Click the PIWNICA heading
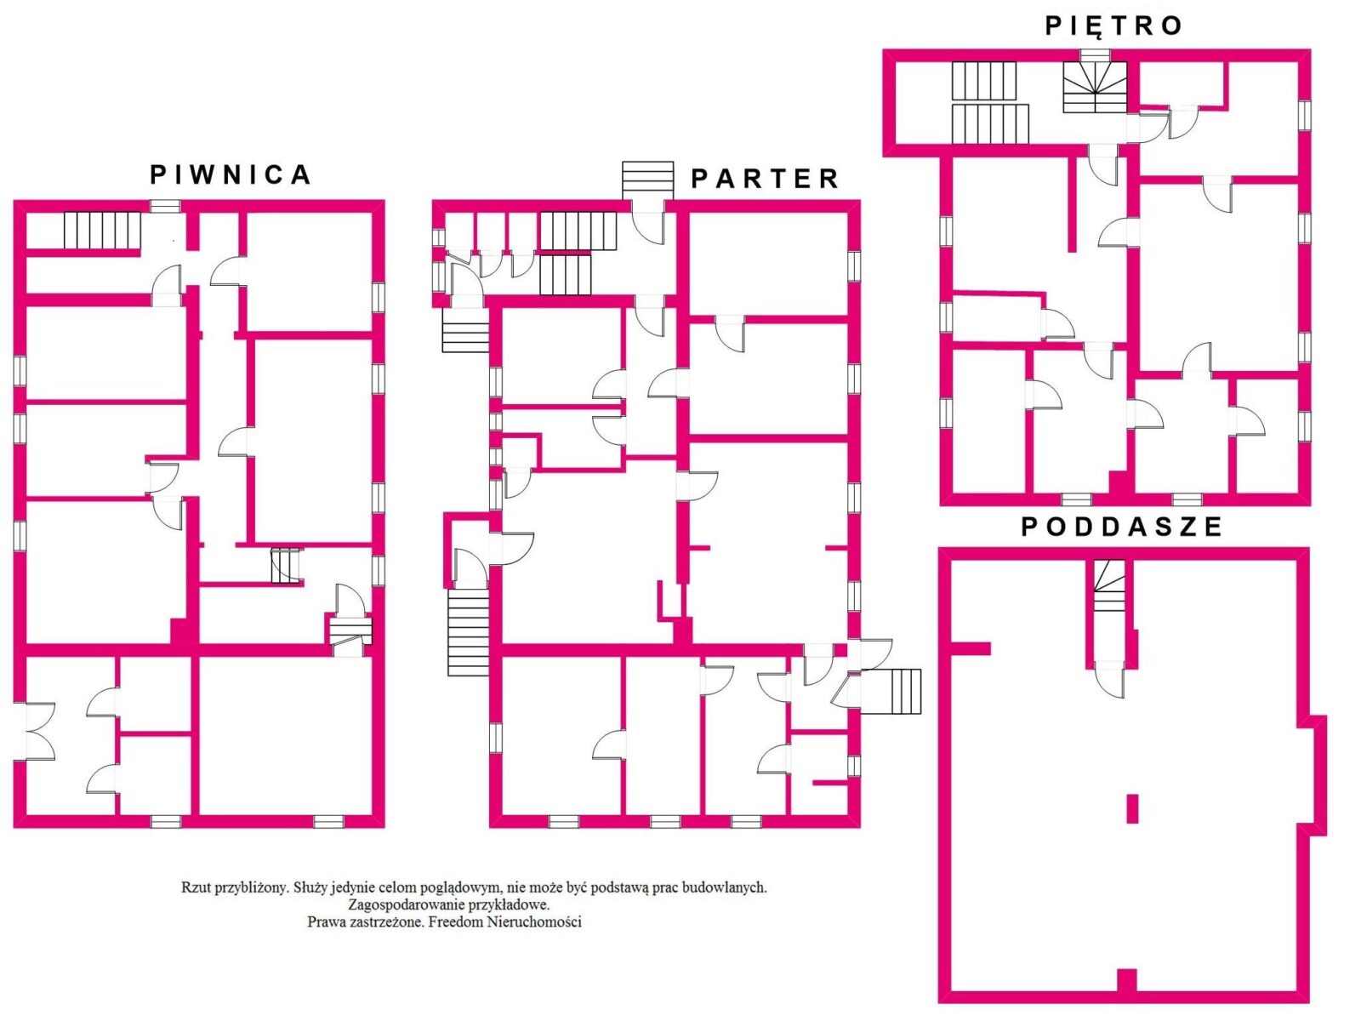point(230,174)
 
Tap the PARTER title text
point(765,179)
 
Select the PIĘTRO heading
point(1114,25)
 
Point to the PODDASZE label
point(1122,527)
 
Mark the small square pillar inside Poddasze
point(1132,809)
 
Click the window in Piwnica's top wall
point(166,206)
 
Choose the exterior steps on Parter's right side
point(891,691)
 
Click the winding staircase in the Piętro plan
point(1095,87)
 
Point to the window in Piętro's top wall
point(1096,55)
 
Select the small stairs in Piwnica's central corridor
point(285,565)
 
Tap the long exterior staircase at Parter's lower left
point(468,632)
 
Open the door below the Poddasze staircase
point(1109,679)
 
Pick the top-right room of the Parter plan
point(768,264)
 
